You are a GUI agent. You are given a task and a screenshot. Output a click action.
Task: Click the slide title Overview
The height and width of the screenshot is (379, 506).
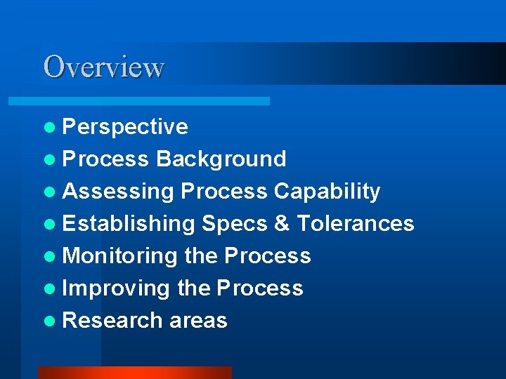(103, 67)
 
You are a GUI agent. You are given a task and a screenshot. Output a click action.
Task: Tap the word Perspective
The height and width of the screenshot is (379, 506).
(125, 127)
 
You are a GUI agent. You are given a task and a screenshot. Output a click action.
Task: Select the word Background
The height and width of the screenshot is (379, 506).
(221, 159)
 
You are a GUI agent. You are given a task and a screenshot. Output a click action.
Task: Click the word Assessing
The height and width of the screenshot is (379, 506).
(117, 192)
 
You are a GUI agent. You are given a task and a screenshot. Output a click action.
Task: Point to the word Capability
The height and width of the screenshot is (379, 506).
(327, 192)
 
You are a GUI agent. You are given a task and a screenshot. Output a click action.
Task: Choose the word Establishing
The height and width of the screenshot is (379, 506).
(129, 224)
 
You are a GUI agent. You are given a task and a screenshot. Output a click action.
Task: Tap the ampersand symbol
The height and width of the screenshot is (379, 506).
(282, 224)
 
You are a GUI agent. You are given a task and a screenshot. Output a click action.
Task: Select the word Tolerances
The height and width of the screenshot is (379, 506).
(356, 224)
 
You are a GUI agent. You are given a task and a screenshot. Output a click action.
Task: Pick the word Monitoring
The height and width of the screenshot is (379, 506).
(120, 256)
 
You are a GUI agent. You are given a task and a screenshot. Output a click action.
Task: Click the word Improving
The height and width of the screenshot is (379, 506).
(116, 288)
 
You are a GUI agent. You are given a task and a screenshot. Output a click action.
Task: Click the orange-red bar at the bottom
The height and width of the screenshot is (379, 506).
(134, 372)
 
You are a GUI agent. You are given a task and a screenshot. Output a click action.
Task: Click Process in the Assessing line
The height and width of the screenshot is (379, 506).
(224, 192)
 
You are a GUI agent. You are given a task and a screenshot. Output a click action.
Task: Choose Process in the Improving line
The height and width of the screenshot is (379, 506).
(260, 288)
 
